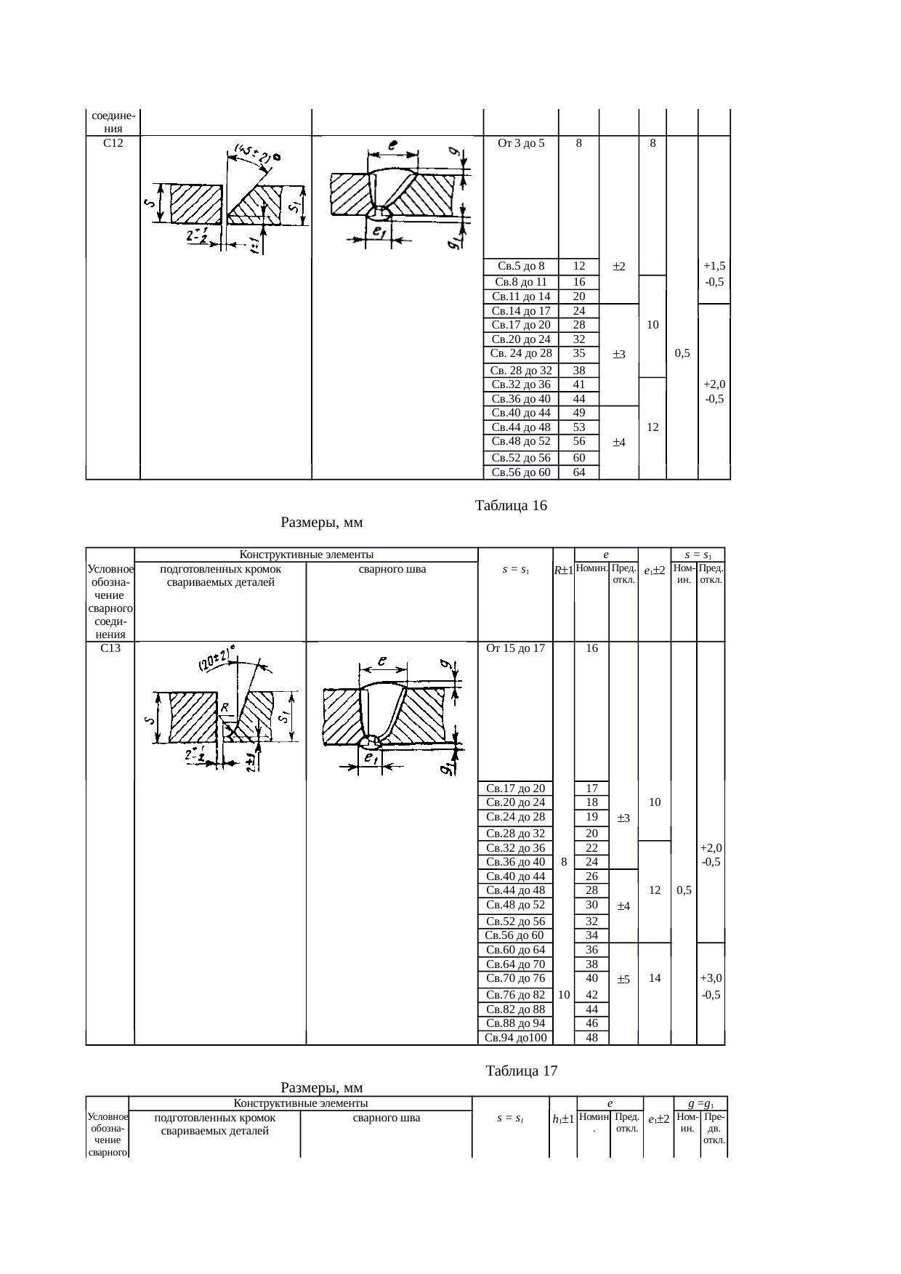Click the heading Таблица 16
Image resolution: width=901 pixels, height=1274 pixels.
[x=510, y=505]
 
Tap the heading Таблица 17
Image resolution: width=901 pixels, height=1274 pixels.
[x=521, y=1071]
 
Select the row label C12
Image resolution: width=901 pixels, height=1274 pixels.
[x=113, y=143]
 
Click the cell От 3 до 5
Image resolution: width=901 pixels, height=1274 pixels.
[x=521, y=143]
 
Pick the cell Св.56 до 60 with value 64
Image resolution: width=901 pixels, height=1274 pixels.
[x=521, y=472]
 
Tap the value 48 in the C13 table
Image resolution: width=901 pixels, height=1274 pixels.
[x=591, y=1038]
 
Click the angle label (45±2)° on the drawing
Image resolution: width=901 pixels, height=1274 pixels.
[x=254, y=155]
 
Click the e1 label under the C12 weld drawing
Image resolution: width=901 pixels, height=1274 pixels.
[x=379, y=231]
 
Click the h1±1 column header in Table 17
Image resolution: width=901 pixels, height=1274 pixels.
[x=563, y=1140]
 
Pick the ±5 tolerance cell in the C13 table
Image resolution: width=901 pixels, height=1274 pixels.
[x=623, y=980]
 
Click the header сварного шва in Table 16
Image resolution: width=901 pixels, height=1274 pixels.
[x=392, y=570]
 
